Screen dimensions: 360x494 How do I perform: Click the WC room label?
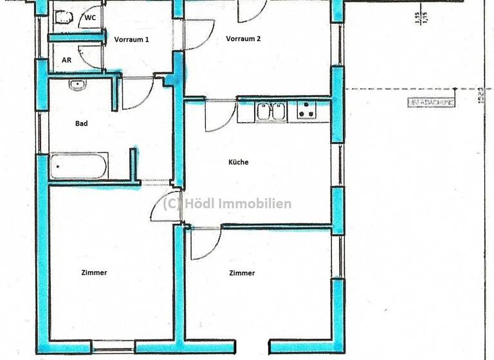(x=90, y=18)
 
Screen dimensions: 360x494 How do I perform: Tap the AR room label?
(x=66, y=60)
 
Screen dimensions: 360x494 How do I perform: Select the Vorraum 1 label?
(x=132, y=39)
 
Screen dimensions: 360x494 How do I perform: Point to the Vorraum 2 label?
(x=243, y=39)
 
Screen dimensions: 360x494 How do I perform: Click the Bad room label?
(x=81, y=123)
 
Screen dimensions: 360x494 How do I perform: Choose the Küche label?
(x=238, y=162)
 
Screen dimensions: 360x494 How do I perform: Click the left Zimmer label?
(x=94, y=273)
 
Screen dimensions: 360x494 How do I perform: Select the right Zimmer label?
(x=242, y=273)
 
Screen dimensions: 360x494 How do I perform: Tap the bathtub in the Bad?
(x=78, y=166)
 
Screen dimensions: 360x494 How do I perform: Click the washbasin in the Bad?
(x=78, y=84)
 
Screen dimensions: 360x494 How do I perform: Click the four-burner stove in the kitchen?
(x=307, y=111)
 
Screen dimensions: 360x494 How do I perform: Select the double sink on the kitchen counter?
(x=271, y=112)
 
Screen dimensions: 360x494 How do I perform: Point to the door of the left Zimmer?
(x=163, y=208)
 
